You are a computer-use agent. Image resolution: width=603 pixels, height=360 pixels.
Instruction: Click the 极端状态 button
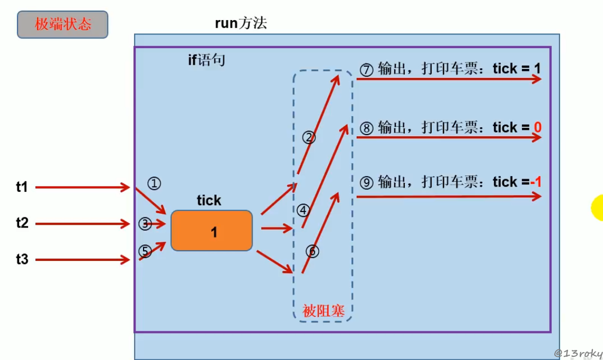coord(63,24)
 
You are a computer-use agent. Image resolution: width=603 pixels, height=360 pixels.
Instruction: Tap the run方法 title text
coord(241,23)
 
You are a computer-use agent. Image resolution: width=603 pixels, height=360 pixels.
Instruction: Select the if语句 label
coord(207,60)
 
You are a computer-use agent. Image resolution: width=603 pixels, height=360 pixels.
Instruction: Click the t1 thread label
coord(22,187)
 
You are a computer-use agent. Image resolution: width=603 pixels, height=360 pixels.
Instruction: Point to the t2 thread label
coord(22,223)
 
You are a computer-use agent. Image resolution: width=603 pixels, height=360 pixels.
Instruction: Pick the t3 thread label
coord(22,259)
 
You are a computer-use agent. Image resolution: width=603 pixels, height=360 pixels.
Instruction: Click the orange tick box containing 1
coord(211,231)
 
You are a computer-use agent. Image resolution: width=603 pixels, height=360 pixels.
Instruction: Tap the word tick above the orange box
coord(209,200)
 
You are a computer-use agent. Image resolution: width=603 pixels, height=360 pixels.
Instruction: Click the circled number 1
coord(154,183)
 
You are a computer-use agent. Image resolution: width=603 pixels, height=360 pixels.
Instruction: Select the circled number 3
coord(145,224)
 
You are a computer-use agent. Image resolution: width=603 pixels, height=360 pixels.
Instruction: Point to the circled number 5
coord(145,251)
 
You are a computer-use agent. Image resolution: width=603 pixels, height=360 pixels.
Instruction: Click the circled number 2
coord(309,138)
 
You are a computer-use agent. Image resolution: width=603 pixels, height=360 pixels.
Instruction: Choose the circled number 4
coord(303,210)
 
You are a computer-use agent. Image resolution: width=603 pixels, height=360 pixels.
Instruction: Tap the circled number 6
coord(313,251)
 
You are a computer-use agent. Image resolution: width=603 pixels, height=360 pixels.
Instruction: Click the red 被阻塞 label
coord(323,311)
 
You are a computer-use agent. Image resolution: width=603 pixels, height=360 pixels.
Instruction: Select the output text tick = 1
coord(517,69)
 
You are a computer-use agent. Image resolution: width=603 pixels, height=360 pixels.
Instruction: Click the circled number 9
coord(367,183)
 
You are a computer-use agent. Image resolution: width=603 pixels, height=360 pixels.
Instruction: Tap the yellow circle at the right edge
coord(598,207)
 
